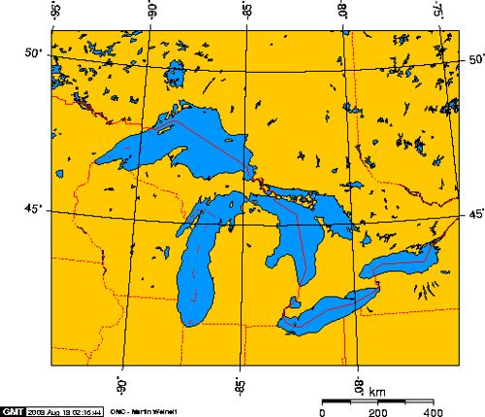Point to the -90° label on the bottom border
pos(122,381)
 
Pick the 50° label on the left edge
pos(35,52)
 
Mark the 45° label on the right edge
pos(476,214)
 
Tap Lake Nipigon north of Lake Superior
pos(176,74)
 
